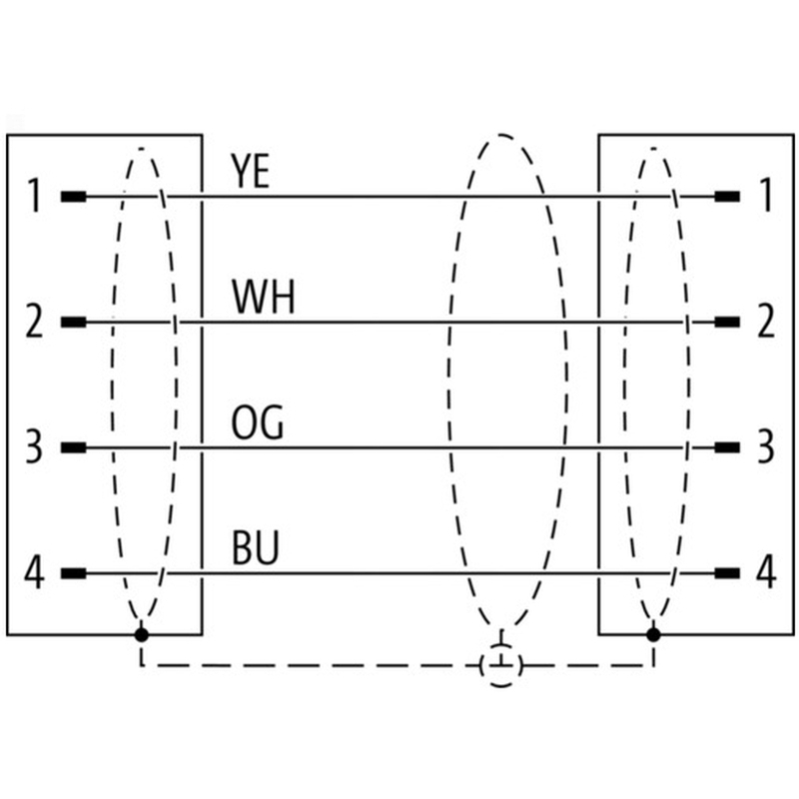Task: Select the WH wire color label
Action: (264, 297)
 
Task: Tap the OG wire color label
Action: (258, 422)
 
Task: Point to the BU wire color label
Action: (256, 548)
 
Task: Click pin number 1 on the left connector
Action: (34, 195)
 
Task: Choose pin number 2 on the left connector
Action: (34, 321)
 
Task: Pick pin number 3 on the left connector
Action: (34, 446)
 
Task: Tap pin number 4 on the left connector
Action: (34, 572)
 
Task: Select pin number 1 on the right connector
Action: (765, 195)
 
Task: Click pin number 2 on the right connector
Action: (765, 321)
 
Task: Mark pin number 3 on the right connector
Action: (765, 446)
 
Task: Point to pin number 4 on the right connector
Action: (766, 572)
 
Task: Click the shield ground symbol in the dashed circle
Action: (501, 664)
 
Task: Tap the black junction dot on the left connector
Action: (142, 635)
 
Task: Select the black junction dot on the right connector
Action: (653, 635)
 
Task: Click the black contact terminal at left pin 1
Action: (73, 196)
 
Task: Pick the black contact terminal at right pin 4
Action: (727, 573)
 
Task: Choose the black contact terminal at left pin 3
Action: (73, 447)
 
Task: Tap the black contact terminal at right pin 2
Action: (727, 322)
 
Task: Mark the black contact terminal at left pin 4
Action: (73, 573)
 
